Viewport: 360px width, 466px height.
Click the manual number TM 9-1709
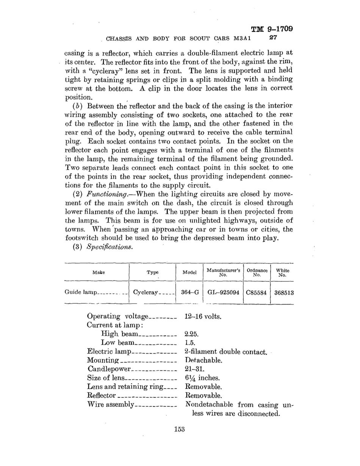tap(272, 29)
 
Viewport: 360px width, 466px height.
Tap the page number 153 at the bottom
tap(179, 429)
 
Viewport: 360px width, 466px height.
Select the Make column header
tap(99, 272)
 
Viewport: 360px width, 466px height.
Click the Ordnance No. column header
tap(257, 272)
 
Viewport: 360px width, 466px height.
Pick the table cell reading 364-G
tap(190, 292)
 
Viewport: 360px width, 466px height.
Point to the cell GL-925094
tap(223, 292)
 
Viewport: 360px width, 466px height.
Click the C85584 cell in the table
tap(257, 292)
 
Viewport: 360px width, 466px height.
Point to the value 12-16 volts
tap(203, 316)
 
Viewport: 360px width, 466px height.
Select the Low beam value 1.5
tap(189, 343)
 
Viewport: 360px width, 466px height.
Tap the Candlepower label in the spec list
tap(109, 369)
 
